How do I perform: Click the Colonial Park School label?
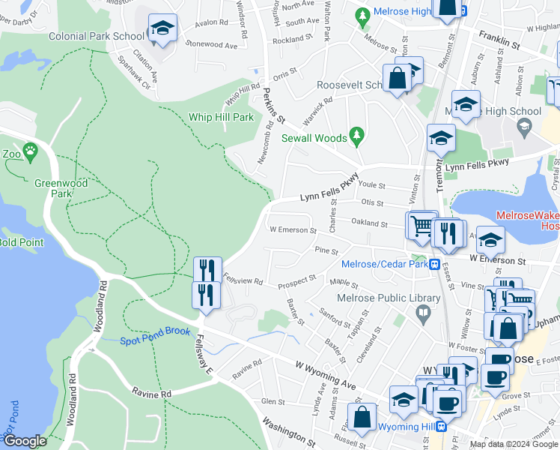click(x=96, y=36)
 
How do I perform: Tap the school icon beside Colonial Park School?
click(x=162, y=30)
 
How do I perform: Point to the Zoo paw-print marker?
click(x=30, y=151)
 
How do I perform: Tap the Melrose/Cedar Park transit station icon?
click(x=433, y=264)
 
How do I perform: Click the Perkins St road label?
click(x=275, y=106)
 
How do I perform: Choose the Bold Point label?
click(x=21, y=242)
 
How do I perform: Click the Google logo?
click(x=25, y=441)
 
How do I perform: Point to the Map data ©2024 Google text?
click(x=513, y=444)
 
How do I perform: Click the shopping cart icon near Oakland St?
click(x=421, y=226)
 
